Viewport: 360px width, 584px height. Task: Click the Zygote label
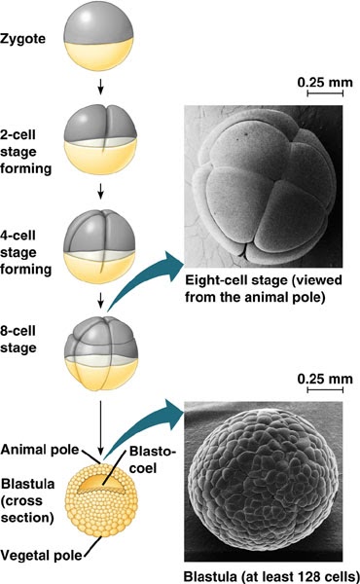pos(28,44)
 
